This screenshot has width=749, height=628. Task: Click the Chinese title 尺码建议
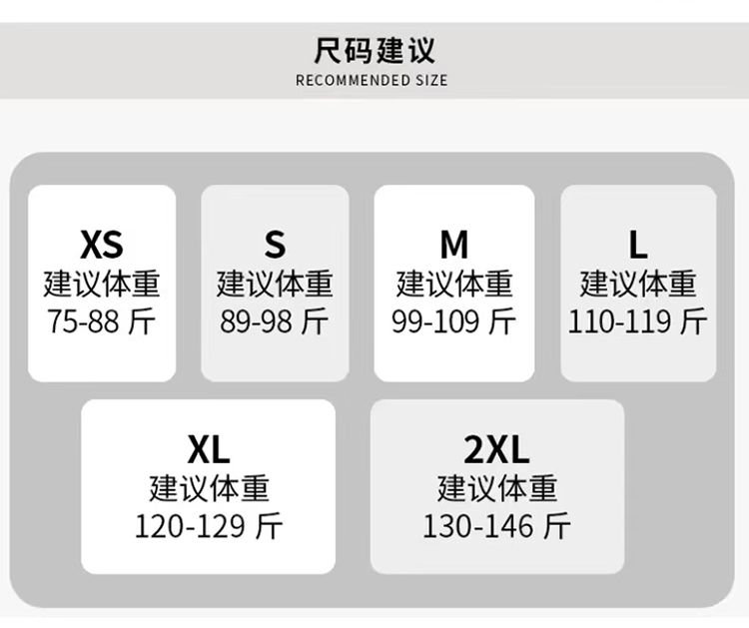click(x=374, y=50)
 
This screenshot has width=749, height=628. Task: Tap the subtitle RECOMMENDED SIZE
click(x=372, y=80)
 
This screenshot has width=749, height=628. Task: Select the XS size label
click(x=101, y=244)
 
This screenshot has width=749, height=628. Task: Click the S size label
click(x=275, y=244)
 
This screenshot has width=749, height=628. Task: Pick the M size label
click(x=453, y=244)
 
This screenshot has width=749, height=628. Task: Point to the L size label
click(x=637, y=244)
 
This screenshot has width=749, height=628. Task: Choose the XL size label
click(x=208, y=450)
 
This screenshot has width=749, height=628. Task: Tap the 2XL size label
click(x=496, y=450)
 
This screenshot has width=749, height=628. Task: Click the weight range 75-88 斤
click(x=101, y=321)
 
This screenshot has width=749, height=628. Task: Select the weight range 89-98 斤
click(x=275, y=321)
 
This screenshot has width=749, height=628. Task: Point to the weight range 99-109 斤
click(x=453, y=321)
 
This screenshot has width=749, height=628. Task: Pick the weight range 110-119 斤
click(x=637, y=321)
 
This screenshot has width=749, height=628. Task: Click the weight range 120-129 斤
click(x=209, y=525)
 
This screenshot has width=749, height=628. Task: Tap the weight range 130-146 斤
click(x=496, y=525)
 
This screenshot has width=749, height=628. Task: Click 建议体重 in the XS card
click(x=101, y=284)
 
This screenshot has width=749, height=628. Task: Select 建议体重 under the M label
click(x=453, y=284)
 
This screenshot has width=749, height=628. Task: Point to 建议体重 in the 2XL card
click(x=496, y=488)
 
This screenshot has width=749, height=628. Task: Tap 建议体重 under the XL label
click(x=209, y=488)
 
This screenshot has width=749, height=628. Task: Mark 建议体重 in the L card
click(x=637, y=284)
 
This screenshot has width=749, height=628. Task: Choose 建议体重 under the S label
click(x=275, y=284)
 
